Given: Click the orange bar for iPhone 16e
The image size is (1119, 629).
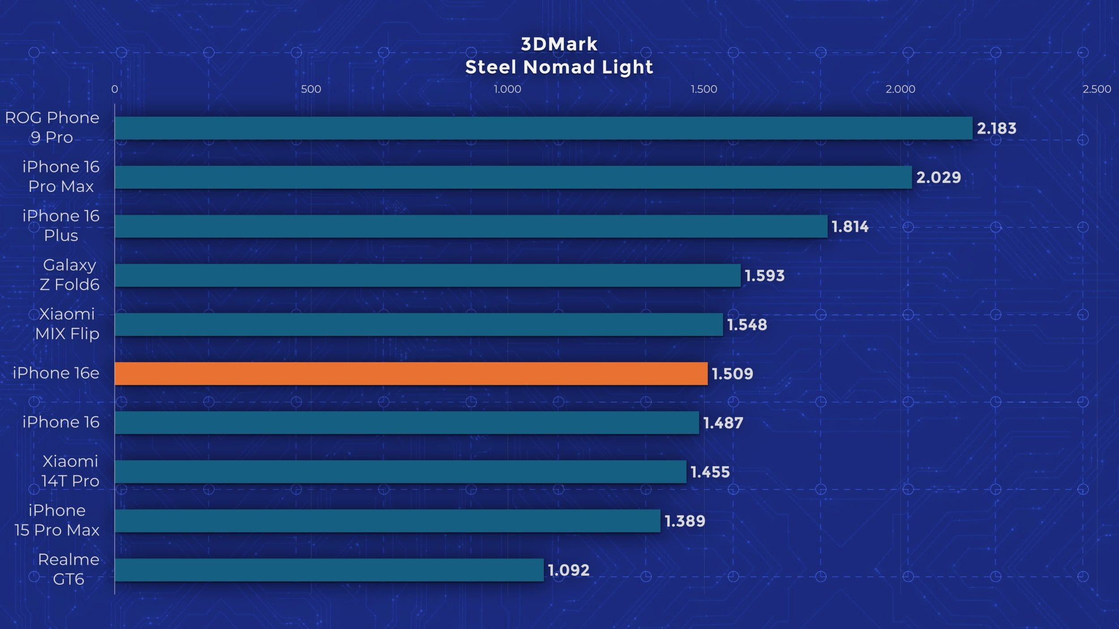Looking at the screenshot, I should coord(411,374).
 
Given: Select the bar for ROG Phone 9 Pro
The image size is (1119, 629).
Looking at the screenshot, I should coord(543,128).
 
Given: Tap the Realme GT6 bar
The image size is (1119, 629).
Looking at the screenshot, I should coord(329,570).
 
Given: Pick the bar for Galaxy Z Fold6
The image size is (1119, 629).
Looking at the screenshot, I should coord(427,276).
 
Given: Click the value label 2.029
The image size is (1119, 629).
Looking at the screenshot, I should coord(938,178).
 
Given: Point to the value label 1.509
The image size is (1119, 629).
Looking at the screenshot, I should coord(732,374).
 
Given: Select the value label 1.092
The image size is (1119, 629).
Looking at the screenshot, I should coord(568,570).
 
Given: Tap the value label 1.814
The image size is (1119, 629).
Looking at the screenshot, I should coord(850,227).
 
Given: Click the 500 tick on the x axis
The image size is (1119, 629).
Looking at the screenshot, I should coord(311,89).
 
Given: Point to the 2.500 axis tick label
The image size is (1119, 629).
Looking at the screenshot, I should coord(1097,89).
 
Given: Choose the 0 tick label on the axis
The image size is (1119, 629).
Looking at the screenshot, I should coord(115,89).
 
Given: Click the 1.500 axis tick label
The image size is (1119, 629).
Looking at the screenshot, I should coord(704,89).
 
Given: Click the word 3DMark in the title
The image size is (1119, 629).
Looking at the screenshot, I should coord(559,44).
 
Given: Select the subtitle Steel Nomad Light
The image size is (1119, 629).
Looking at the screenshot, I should coord(559,67).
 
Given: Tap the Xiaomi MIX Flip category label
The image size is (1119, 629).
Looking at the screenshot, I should coord(67,324).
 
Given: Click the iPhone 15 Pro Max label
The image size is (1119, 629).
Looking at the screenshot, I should coord(57,520).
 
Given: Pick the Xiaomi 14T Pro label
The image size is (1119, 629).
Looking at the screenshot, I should coord(70,471).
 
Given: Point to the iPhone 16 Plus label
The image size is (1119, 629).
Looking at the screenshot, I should coord(61,225).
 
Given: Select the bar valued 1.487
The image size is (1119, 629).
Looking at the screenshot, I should coord(406,423).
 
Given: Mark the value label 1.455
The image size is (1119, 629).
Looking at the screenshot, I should coord(710,472).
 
